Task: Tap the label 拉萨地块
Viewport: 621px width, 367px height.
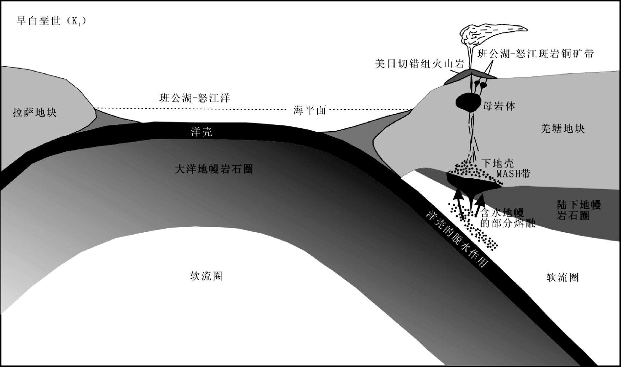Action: coord(35,112)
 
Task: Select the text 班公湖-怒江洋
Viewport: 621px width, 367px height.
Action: coord(195,98)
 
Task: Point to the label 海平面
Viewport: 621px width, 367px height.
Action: coord(310,110)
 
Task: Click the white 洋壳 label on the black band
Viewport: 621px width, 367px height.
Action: coord(201,132)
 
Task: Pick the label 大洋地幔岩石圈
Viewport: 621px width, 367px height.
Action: coord(214,169)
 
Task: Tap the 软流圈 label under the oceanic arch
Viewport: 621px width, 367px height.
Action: coord(206,276)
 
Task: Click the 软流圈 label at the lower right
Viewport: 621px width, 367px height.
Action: coord(563,277)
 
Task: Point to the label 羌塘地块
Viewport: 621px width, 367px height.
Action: coord(563,129)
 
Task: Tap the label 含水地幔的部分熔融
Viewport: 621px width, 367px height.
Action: coord(507,218)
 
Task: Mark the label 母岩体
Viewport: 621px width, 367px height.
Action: coord(499,106)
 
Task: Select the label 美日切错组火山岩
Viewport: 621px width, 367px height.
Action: coord(420,64)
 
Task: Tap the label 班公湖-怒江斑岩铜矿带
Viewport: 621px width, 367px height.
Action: coord(535,54)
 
